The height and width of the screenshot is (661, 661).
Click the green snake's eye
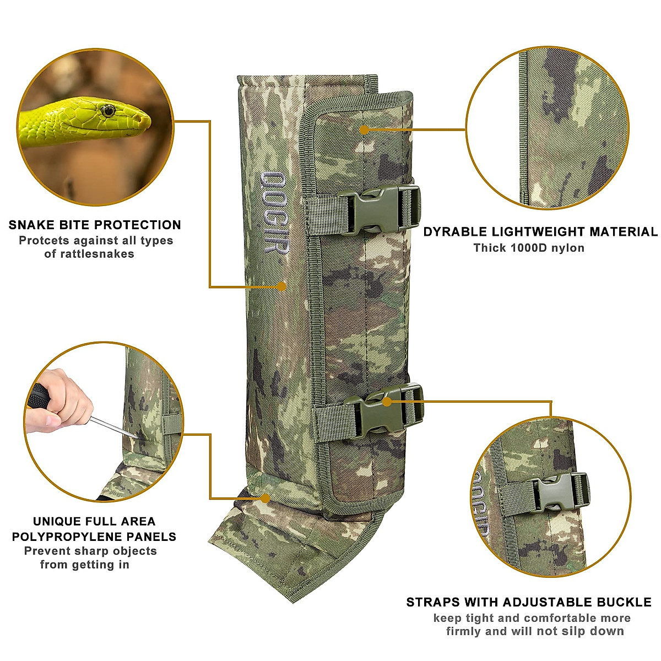pos(107,110)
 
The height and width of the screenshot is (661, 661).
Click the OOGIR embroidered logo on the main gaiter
pos(273,213)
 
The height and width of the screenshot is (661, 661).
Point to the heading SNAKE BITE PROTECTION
pos(95,225)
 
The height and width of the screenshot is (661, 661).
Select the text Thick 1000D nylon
pos(529,248)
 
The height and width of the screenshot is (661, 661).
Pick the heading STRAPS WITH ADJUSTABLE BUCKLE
pos(529,602)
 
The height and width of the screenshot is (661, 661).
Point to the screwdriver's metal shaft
pos(113,427)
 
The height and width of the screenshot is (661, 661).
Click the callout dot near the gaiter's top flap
pos(364,129)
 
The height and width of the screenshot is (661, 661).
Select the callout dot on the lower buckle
pos(387,402)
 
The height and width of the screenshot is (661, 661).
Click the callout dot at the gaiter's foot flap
pos(265,499)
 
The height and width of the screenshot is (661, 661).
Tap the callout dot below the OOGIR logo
pos(281,286)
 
